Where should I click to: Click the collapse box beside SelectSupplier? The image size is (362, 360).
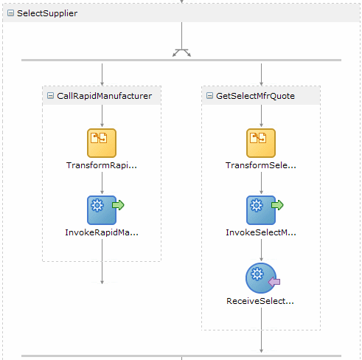pos(10,13)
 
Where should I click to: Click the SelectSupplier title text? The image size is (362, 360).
pos(47,13)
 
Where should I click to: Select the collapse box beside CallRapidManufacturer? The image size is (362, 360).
pos(50,96)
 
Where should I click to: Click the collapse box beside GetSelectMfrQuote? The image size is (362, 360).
pos(209,96)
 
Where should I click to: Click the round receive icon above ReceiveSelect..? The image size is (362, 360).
pos(260,277)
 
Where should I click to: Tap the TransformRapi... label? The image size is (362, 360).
pos(102,165)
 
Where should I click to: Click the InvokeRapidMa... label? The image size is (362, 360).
pos(102,232)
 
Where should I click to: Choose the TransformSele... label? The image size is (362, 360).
pos(261,165)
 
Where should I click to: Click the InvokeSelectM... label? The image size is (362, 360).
pos(261,232)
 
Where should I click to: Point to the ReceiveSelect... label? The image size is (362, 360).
pos(260,301)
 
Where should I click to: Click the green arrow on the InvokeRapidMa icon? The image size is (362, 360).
pos(118,205)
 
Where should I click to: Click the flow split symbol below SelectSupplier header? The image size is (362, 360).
pos(181,52)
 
